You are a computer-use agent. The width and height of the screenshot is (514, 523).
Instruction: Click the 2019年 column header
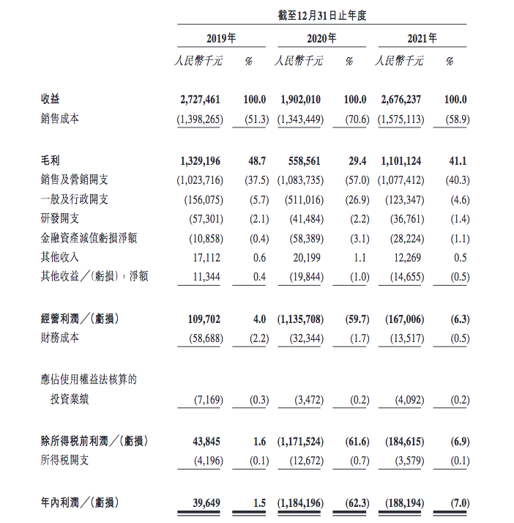pyautogui.click(x=221, y=38)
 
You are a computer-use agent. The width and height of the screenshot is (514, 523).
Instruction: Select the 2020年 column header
pyautogui.click(x=321, y=38)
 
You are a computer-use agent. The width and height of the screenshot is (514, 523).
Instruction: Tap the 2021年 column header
pyautogui.click(x=422, y=38)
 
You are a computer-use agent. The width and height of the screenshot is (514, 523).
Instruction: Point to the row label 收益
pyautogui.click(x=51, y=100)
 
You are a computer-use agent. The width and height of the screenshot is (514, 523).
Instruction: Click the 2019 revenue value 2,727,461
pyautogui.click(x=200, y=100)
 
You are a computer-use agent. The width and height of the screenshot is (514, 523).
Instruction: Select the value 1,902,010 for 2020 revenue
pyautogui.click(x=300, y=100)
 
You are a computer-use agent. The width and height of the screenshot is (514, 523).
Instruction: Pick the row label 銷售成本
pyautogui.click(x=60, y=119)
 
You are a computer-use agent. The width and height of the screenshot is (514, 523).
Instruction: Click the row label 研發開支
pyautogui.click(x=60, y=218)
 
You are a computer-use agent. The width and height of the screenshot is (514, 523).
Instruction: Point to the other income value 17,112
pyautogui.click(x=206, y=257)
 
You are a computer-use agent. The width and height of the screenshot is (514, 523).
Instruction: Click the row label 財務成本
pyautogui.click(x=60, y=339)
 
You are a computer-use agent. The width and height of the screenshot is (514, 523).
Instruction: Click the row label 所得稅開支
pyautogui.click(x=65, y=460)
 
